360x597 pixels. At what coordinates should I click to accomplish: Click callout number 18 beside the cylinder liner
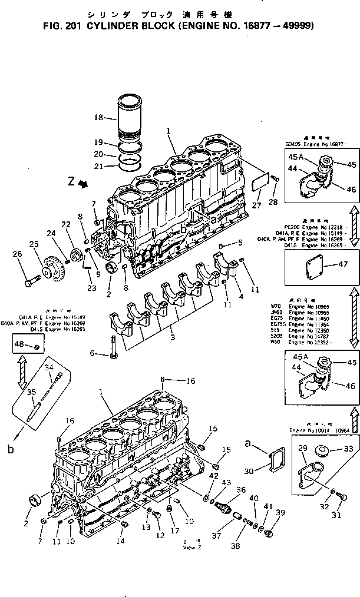coord(98,118)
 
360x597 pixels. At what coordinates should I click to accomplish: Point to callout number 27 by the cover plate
coord(255,205)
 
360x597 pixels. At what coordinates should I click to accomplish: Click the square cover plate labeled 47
coord(313,265)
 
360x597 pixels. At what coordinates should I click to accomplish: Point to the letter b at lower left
coord(9,450)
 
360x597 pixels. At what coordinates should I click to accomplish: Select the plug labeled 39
coord(270,535)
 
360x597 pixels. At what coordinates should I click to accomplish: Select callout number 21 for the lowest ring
coord(98,166)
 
